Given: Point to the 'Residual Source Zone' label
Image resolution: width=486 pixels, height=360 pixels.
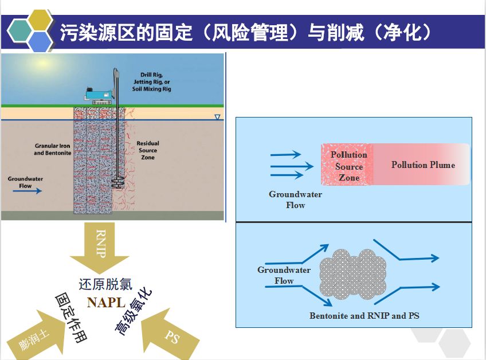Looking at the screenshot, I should click(148, 150).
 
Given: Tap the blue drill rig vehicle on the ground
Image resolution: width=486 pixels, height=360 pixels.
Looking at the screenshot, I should click(95, 95).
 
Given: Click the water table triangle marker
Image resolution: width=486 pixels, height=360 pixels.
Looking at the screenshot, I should click(217, 118).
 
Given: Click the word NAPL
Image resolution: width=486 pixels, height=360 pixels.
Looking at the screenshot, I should click(105, 303).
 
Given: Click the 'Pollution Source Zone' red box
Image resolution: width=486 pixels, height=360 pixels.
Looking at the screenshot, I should click(348, 165).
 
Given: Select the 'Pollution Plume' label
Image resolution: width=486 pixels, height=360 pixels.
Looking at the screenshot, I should click(423, 165).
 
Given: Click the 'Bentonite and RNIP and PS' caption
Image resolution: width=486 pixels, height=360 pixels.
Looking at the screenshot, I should click(364, 316).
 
